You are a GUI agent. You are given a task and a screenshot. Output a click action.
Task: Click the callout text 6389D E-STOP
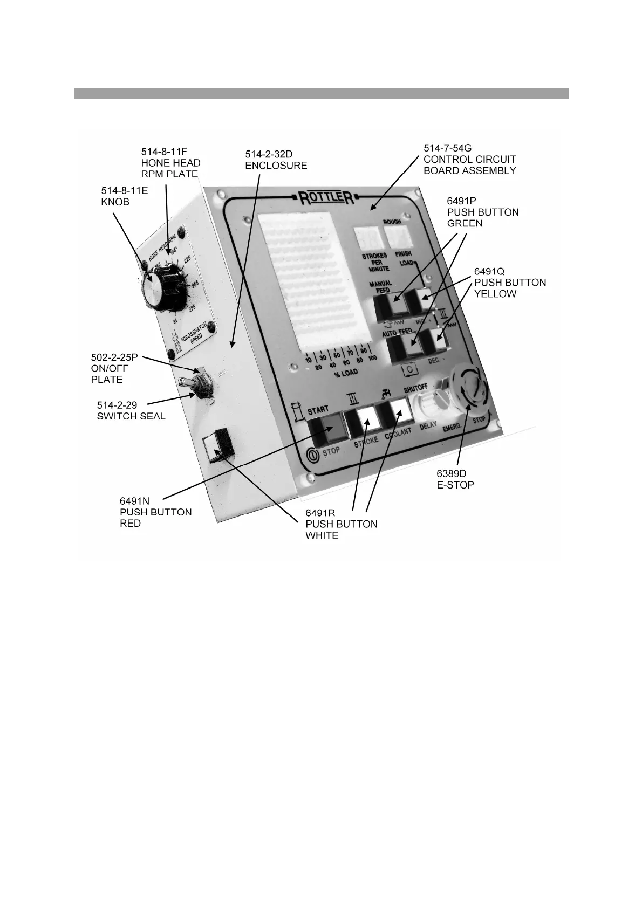455,479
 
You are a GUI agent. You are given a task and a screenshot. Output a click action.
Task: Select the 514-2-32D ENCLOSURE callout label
276,160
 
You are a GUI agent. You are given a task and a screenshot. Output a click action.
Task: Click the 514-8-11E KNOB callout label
125,196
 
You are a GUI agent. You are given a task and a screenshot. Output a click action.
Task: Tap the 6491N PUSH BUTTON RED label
155,512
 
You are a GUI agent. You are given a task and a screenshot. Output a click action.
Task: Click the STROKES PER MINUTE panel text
375,262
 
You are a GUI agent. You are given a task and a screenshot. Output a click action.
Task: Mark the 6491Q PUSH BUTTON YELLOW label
509,282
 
